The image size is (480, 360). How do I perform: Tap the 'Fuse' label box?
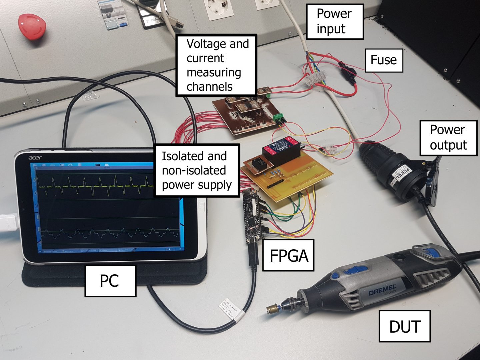[384, 60]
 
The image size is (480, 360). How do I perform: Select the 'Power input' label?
[334, 22]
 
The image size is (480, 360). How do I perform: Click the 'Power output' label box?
[448, 138]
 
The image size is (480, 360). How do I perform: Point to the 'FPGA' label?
[288, 255]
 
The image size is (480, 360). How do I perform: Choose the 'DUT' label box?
[404, 326]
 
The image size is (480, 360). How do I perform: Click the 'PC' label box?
[110, 281]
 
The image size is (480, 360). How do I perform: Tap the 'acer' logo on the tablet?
[35, 157]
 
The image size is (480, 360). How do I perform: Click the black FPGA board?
[252, 217]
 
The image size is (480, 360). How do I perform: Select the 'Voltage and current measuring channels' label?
[217, 65]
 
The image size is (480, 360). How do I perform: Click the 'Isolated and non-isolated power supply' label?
[197, 170]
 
